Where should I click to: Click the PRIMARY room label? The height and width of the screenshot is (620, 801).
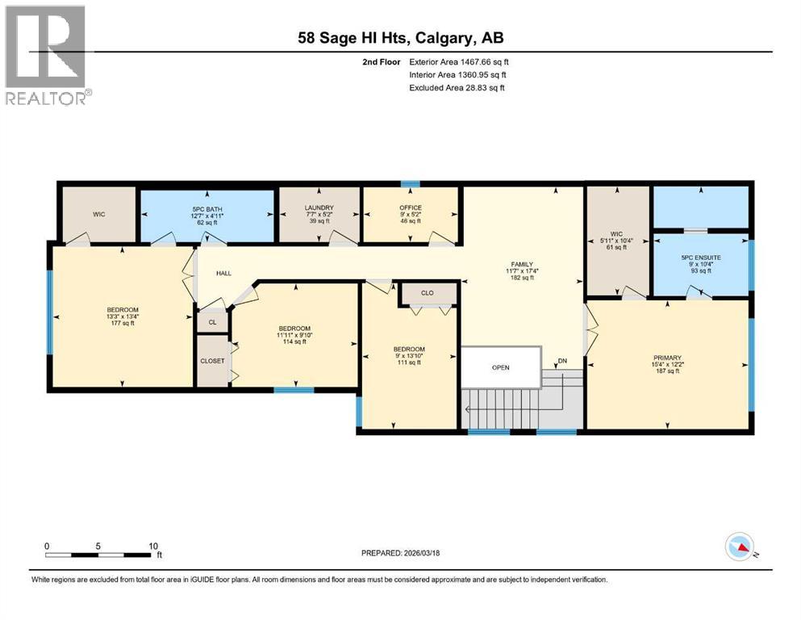point(667,358)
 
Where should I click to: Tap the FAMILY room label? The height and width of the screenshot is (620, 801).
point(522,263)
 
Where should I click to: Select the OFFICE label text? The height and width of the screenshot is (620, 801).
point(410,207)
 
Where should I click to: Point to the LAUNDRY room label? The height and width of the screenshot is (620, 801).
point(319,207)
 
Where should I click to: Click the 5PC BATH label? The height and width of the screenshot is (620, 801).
point(207,207)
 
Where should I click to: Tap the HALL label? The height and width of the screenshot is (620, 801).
point(223,273)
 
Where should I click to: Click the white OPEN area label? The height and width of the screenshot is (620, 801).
point(501,367)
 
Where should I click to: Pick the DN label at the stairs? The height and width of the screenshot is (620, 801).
point(561,361)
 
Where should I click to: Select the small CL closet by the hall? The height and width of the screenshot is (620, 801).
point(213,321)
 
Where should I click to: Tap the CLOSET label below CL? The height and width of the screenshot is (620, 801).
point(213,361)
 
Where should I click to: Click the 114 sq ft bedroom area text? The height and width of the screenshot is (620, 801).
point(294,343)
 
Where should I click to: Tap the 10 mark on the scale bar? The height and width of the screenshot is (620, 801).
point(153,545)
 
